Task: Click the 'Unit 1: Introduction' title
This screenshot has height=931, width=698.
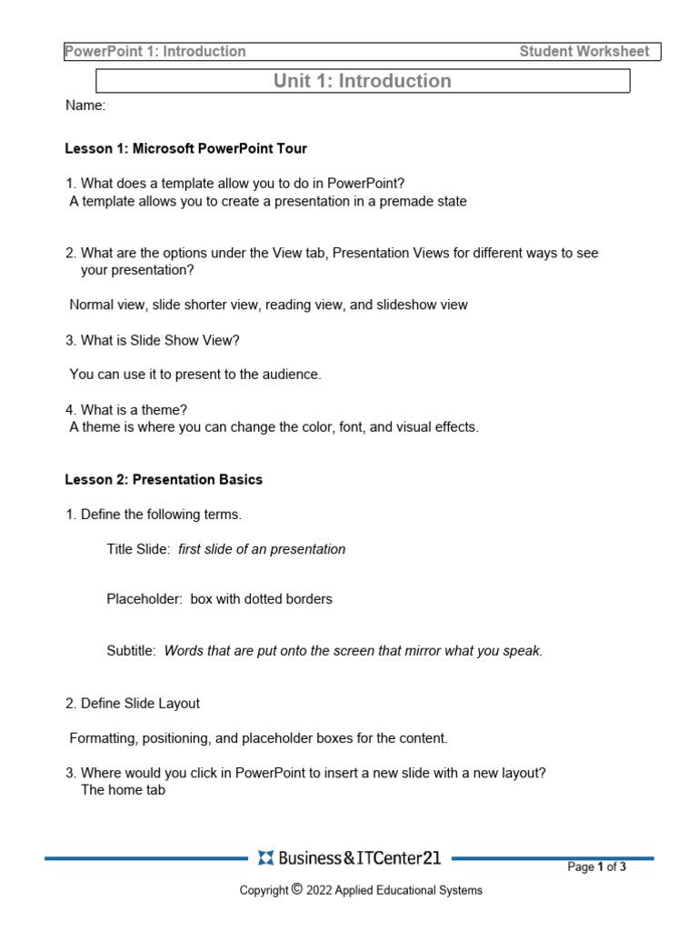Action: (x=362, y=81)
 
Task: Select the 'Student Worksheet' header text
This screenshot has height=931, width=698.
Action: (x=583, y=52)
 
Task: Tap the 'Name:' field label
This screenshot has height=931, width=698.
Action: (x=85, y=105)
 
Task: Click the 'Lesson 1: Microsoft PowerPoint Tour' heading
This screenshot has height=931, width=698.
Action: (x=185, y=148)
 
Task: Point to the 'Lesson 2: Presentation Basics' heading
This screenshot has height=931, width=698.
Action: (x=164, y=479)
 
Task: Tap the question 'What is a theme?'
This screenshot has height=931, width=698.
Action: (x=134, y=410)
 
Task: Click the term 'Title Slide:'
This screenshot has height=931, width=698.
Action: (x=138, y=549)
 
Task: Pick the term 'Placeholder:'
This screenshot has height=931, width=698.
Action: (x=145, y=599)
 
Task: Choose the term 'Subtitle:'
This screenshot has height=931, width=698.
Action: (x=132, y=651)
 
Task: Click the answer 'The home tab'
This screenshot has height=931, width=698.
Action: (x=123, y=790)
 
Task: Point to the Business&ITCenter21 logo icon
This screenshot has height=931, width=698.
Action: (x=265, y=857)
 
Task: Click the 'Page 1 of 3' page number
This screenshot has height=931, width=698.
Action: (x=596, y=867)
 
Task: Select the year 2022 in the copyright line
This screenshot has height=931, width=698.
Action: (x=321, y=891)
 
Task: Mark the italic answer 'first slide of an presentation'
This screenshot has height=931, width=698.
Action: (x=262, y=549)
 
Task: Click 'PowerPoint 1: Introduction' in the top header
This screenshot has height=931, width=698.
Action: (x=155, y=52)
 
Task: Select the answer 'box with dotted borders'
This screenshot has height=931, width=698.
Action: (x=261, y=599)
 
